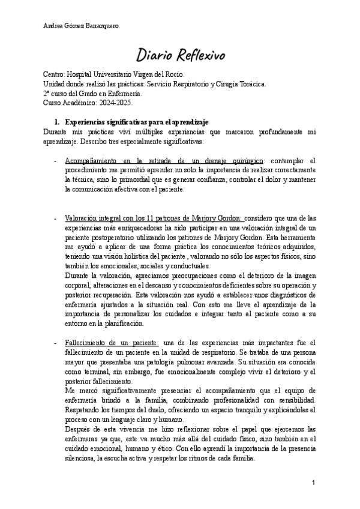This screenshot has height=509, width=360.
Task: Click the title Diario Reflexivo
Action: [180, 55]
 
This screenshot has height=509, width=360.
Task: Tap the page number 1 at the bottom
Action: [314, 483]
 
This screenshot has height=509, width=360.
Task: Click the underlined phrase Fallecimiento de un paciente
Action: [112, 342]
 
